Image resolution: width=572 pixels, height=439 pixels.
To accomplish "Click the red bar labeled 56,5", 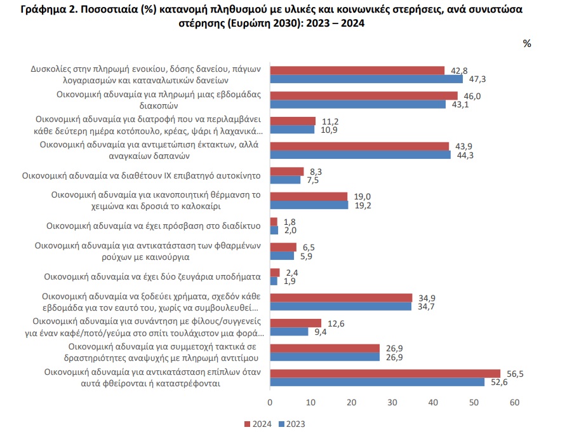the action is click(x=385, y=374).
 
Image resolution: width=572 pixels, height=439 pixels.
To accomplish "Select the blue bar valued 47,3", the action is click(x=366, y=79).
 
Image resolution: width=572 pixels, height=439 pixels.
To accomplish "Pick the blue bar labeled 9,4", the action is click(x=289, y=332).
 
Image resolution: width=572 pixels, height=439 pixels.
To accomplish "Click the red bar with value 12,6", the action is click(x=296, y=323).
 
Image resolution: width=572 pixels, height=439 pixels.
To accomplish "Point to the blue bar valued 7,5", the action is click(x=285, y=180).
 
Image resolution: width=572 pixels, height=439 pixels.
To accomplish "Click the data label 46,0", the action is click(x=472, y=97).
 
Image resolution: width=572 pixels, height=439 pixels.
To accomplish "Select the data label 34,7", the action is click(x=426, y=306).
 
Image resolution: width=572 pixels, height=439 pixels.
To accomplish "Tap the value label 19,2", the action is click(x=363, y=205).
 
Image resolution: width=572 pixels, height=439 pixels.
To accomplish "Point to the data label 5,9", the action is click(x=306, y=256).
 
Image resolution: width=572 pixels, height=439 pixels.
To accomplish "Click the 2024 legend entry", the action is click(x=258, y=424).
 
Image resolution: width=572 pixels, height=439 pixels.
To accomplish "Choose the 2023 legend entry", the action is click(x=291, y=424).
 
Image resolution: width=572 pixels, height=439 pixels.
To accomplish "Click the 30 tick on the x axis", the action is click(x=392, y=403).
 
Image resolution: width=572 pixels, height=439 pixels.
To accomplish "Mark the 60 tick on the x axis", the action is click(x=514, y=403).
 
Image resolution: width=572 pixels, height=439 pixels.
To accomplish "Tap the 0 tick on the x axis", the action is click(x=270, y=403).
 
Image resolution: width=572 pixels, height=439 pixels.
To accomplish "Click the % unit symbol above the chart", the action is click(x=527, y=44).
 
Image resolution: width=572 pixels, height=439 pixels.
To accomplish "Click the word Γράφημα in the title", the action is click(x=43, y=10).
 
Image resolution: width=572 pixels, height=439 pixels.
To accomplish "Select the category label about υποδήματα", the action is click(x=152, y=276).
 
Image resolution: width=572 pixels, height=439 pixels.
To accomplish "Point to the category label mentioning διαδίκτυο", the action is click(x=154, y=226).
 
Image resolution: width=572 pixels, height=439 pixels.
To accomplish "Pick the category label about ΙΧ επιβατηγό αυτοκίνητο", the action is click(x=142, y=175).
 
